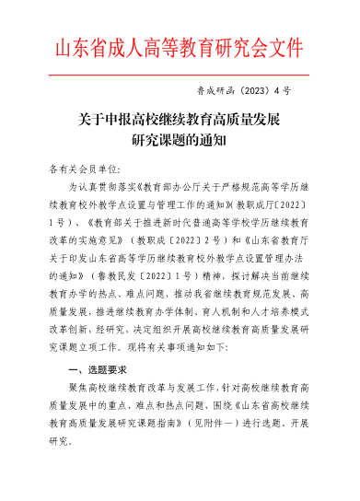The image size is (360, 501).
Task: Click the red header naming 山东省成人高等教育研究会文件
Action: (x=180, y=48)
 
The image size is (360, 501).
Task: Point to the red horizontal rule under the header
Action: (x=180, y=76)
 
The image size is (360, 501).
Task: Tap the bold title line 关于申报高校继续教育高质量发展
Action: (x=180, y=120)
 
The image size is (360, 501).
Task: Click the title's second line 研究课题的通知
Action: (x=180, y=140)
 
